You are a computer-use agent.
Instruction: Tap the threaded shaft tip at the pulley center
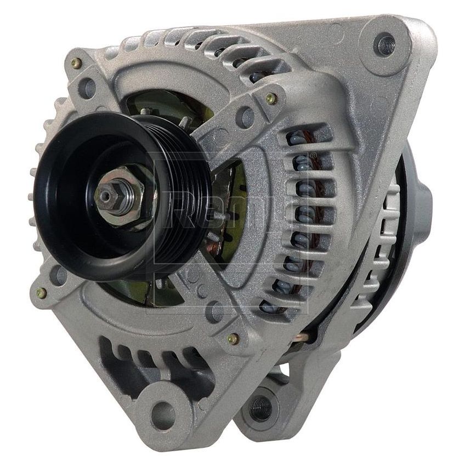point(104,195)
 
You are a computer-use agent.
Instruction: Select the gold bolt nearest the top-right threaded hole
point(270,99)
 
